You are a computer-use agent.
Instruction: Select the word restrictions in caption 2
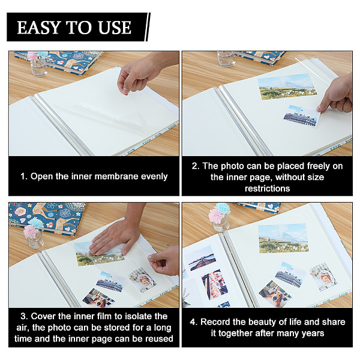(267, 188)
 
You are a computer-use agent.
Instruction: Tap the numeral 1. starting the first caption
(24, 176)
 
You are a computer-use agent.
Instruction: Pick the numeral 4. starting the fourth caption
(194, 322)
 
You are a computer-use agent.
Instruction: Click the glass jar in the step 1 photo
(38, 66)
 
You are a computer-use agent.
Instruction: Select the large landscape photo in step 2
(287, 87)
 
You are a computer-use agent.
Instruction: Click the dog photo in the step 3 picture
(99, 298)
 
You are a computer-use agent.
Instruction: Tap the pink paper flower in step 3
(31, 232)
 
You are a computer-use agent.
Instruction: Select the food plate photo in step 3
(142, 280)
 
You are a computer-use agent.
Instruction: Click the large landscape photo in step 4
(284, 238)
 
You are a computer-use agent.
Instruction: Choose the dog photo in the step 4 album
(275, 294)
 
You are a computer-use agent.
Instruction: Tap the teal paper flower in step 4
(222, 208)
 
